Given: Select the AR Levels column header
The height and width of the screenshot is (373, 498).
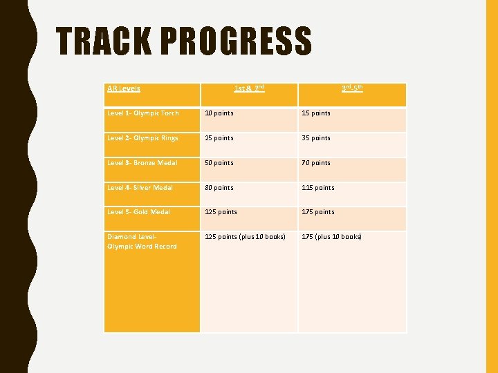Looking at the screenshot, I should tap(124, 88).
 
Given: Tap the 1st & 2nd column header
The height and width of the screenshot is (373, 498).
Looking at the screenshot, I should tap(249, 88).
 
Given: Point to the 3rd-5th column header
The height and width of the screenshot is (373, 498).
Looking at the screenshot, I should tap(353, 88).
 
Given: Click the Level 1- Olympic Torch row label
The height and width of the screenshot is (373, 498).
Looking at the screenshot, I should tap(143, 113).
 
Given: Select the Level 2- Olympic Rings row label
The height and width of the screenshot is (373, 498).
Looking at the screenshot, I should tap(142, 138).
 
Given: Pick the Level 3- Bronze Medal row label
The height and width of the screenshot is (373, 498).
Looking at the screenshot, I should tap(142, 163).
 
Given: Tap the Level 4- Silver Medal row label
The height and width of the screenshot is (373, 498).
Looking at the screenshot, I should tap(140, 188).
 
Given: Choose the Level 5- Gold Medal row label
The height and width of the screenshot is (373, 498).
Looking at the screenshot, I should tap(138, 212).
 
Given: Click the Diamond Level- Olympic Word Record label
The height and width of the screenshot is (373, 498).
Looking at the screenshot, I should tap(142, 242).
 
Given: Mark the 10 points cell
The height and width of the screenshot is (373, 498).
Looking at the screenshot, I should tap(219, 113).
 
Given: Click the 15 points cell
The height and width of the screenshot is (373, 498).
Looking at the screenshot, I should tap(316, 113).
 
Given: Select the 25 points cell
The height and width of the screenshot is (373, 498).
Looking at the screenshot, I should tap(219, 138).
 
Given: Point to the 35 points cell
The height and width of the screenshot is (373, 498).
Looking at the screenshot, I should tap(316, 138).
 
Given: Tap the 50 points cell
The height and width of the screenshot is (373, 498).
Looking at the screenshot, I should tap(219, 163).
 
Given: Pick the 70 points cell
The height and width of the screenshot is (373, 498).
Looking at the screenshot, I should tap(316, 163).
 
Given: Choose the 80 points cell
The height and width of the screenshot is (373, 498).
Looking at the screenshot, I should tap(219, 188).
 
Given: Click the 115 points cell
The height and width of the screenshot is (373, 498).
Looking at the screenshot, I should tap(318, 188).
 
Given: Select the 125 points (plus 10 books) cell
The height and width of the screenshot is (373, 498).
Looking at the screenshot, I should tap(245, 237).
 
